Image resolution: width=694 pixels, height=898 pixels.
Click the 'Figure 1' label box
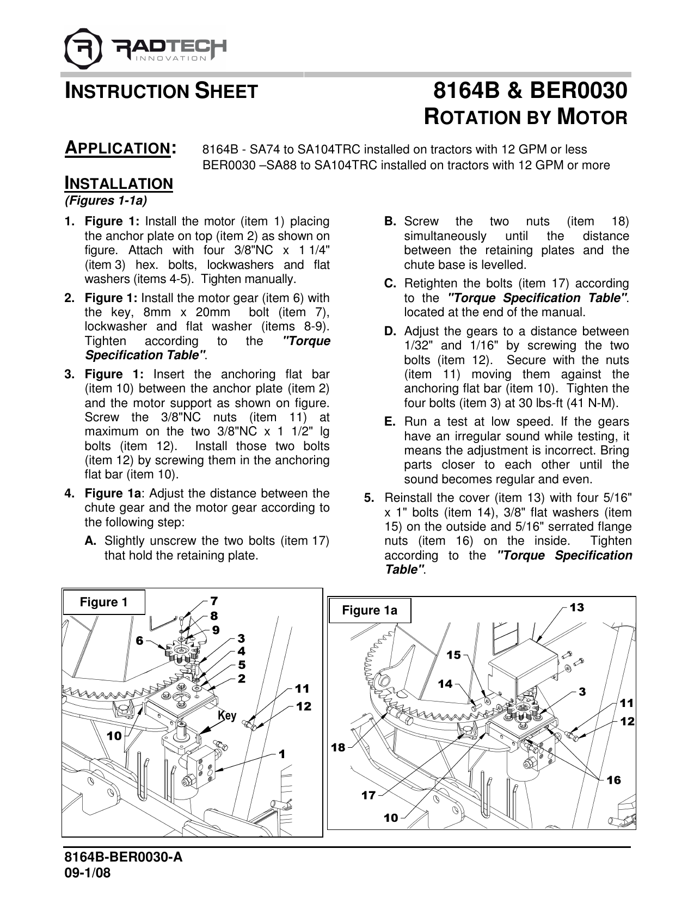(x=104, y=602)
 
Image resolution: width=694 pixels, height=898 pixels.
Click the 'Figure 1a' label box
(x=370, y=611)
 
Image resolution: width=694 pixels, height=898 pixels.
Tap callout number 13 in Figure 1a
(x=577, y=607)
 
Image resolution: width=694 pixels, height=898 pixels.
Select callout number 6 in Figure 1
(x=140, y=641)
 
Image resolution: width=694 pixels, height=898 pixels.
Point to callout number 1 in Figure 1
(x=282, y=754)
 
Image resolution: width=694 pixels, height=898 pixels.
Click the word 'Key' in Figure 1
(x=228, y=715)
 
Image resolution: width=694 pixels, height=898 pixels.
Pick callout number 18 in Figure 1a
(x=339, y=747)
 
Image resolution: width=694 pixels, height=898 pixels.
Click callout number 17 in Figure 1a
(x=369, y=795)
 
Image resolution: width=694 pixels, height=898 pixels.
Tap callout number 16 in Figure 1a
(x=613, y=780)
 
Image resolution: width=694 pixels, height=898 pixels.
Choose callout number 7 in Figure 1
(x=214, y=601)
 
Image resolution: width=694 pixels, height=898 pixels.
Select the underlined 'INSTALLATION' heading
(x=119, y=183)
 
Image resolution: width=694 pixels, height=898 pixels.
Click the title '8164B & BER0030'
(x=530, y=91)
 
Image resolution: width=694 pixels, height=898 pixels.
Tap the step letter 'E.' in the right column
(x=390, y=422)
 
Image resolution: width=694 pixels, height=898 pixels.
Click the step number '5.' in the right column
(x=369, y=498)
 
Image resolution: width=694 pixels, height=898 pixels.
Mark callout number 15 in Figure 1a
(x=453, y=655)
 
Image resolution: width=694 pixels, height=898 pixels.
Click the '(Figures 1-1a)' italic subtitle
(x=106, y=201)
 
